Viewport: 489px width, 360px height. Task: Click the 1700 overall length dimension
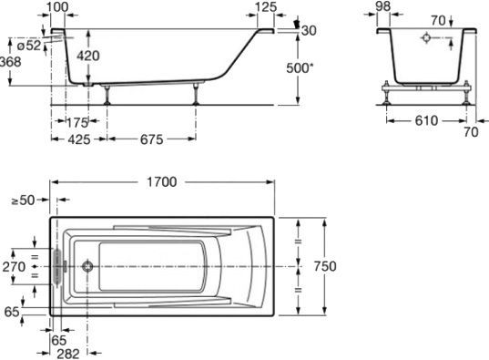coord(161,181)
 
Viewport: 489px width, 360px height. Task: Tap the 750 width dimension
coord(325,266)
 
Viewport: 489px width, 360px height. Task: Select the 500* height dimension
coord(300,68)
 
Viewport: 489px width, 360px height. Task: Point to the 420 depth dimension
coord(88,56)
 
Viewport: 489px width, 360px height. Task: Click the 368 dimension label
coord(10,62)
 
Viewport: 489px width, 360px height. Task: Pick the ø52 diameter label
coord(29,46)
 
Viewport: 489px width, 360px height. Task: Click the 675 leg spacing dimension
coord(151,139)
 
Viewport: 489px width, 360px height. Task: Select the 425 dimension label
coord(79,139)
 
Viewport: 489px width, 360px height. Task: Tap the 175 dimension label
coord(77,123)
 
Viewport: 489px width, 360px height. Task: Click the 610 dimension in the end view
coord(426,120)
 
